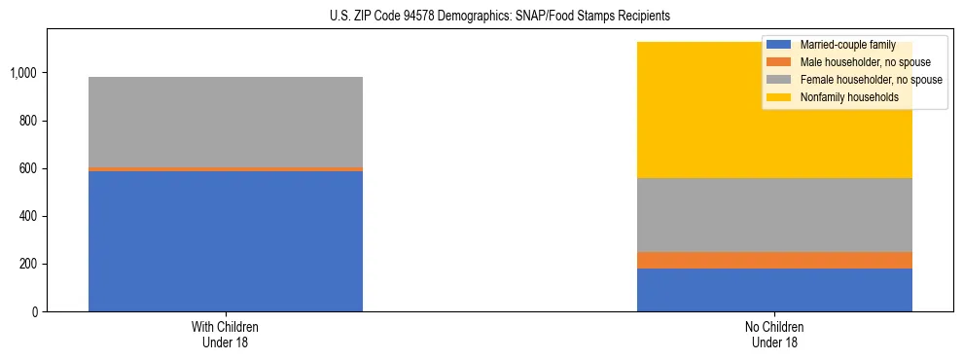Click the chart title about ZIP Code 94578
point(482,17)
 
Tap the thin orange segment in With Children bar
point(226,169)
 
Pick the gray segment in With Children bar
point(226,122)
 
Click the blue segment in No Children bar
point(774,290)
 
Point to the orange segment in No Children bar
point(774,260)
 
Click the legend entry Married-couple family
point(841,45)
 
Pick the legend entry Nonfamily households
point(842,97)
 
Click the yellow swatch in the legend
point(779,97)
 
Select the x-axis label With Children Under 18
point(226,335)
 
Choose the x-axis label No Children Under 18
point(774,335)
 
